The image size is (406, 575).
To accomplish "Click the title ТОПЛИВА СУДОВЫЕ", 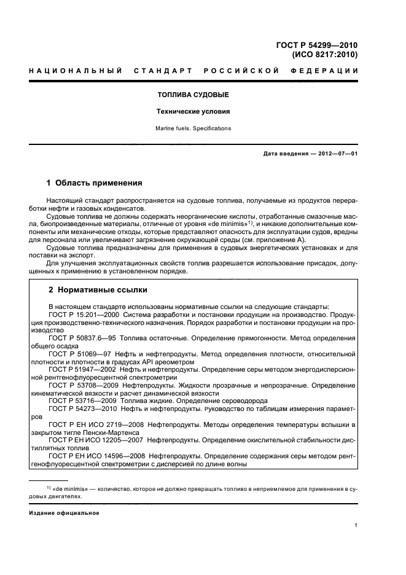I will (x=193, y=95).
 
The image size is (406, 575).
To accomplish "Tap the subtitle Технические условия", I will (x=193, y=112).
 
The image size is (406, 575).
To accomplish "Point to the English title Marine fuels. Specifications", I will (x=193, y=128).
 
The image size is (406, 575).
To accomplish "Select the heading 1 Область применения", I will (x=95, y=183).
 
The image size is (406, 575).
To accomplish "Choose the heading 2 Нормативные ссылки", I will (x=97, y=289).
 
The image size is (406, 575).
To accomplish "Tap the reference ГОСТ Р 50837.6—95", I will (x=83, y=338).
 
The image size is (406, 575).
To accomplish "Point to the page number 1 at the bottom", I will (x=356, y=526).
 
